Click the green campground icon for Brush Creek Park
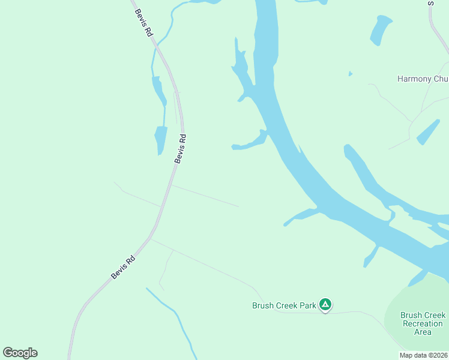pyautogui.click(x=325, y=305)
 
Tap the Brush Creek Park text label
pyautogui.click(x=284, y=305)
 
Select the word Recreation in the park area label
pyautogui.click(x=423, y=323)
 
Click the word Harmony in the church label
pyautogui.click(x=414, y=79)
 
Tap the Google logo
pyautogui.click(x=20, y=353)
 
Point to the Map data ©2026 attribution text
pyautogui.click(x=423, y=355)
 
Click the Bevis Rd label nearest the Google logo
pyautogui.click(x=123, y=268)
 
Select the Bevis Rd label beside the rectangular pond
pyautogui.click(x=181, y=148)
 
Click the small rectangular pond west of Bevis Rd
pyautogui.click(x=160, y=140)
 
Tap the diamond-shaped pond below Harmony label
pyautogui.click(x=428, y=132)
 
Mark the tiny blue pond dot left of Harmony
pyautogui.click(x=350, y=74)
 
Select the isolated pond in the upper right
pyautogui.click(x=380, y=30)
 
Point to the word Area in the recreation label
pyautogui.click(x=423, y=332)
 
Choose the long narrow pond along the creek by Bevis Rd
pyautogui.click(x=159, y=91)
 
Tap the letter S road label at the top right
pyautogui.click(x=430, y=4)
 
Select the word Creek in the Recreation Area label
pyautogui.click(x=434, y=315)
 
